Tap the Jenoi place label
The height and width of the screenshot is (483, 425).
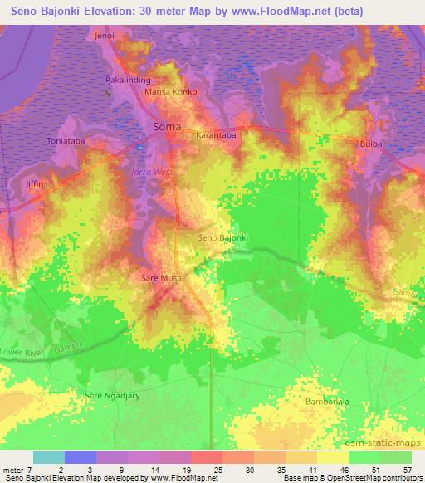pos(104,37)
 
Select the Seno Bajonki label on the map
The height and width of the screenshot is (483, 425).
pos(223,238)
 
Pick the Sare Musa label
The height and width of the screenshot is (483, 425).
pos(160,279)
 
